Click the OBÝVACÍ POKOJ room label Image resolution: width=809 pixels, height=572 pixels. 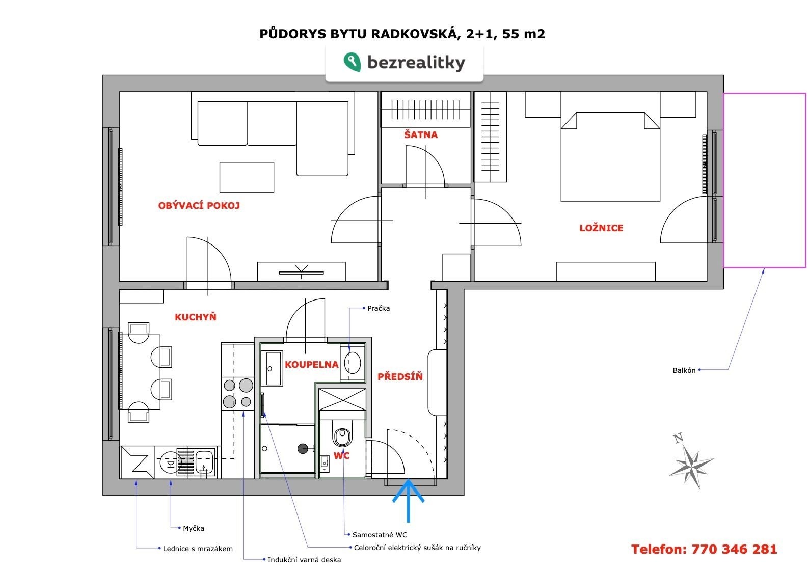pyautogui.click(x=199, y=206)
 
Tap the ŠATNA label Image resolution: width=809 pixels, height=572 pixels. pyautogui.click(x=421, y=135)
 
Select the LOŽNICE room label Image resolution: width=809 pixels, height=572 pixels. pyautogui.click(x=601, y=228)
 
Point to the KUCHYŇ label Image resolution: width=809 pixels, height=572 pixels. pyautogui.click(x=196, y=317)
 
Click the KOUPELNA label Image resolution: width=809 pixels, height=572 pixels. pyautogui.click(x=312, y=365)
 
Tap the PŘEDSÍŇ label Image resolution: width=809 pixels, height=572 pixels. pyautogui.click(x=400, y=377)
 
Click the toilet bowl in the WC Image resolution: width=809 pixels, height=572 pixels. pyautogui.click(x=342, y=438)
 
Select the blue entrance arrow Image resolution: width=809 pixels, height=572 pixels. pyautogui.click(x=409, y=501)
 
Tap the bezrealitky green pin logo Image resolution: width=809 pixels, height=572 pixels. pyautogui.click(x=352, y=62)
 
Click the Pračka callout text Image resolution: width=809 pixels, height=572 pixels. pyautogui.click(x=379, y=308)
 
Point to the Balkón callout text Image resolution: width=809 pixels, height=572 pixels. pyautogui.click(x=684, y=370)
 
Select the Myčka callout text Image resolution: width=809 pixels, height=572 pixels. pyautogui.click(x=194, y=529)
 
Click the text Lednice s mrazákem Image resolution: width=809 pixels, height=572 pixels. pyautogui.click(x=198, y=549)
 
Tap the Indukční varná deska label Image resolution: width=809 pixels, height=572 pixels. pyautogui.click(x=304, y=560)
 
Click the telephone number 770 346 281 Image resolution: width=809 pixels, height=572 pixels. pyautogui.click(x=734, y=549)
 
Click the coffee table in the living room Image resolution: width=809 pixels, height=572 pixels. pyautogui.click(x=247, y=177)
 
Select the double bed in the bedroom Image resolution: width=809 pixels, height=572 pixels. pyautogui.click(x=610, y=157)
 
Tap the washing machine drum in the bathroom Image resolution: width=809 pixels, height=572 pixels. pyautogui.click(x=353, y=363)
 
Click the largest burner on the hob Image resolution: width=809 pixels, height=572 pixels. pyautogui.click(x=246, y=385)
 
